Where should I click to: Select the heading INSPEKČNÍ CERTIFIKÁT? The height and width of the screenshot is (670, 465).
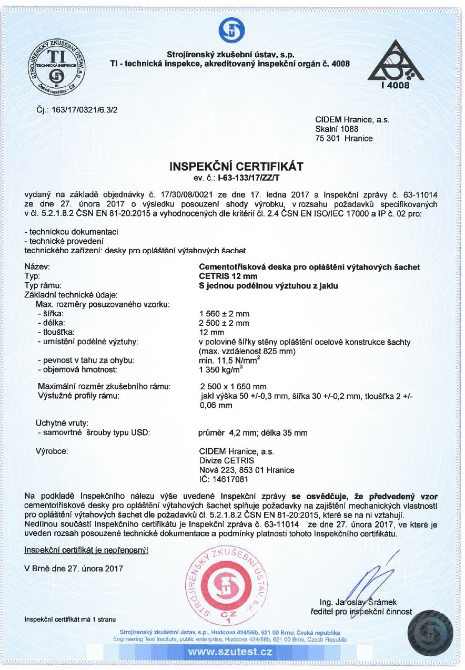point(236,167)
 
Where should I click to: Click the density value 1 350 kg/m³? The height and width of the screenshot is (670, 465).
point(220,369)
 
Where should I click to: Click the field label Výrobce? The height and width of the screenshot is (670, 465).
point(52,451)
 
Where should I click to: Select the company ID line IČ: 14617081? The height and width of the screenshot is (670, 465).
point(223,479)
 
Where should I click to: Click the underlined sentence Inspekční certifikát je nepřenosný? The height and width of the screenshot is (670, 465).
point(86,550)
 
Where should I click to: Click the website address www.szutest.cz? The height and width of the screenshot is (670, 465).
point(230,652)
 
